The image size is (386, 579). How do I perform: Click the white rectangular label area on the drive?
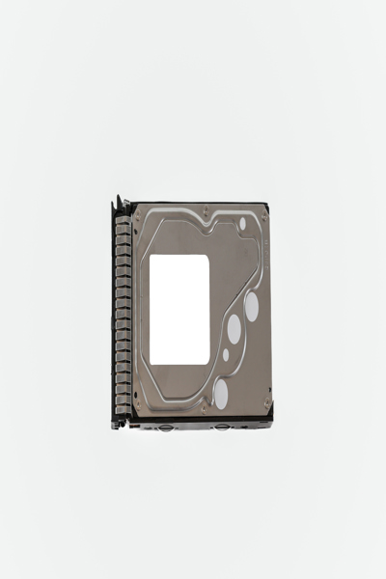click(179, 309)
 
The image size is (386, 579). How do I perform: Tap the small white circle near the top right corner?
click(242, 223)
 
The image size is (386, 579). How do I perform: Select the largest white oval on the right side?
click(252, 307)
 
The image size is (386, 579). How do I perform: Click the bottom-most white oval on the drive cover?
click(221, 391)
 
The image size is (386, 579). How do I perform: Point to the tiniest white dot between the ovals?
click(226, 354)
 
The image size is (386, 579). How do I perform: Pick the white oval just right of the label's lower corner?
click(234, 329)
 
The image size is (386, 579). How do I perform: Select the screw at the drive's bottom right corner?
click(263, 409)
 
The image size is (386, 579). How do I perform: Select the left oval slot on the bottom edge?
click(170, 425)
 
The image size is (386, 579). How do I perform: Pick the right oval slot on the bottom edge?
click(222, 425)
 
